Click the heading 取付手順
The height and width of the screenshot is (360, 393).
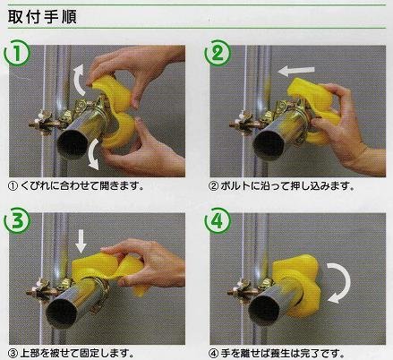[42, 17]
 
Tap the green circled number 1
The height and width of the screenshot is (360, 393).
[17, 53]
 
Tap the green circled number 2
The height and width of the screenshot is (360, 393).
[218, 53]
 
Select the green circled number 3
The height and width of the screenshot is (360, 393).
[17, 221]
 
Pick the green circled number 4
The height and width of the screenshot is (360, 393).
[218, 221]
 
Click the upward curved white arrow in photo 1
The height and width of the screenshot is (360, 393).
[77, 78]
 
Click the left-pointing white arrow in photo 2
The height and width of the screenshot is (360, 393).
[295, 71]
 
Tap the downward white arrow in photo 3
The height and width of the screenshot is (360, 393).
[81, 241]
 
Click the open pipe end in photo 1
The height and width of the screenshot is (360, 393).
[73, 144]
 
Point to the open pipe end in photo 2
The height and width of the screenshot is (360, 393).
[268, 145]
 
